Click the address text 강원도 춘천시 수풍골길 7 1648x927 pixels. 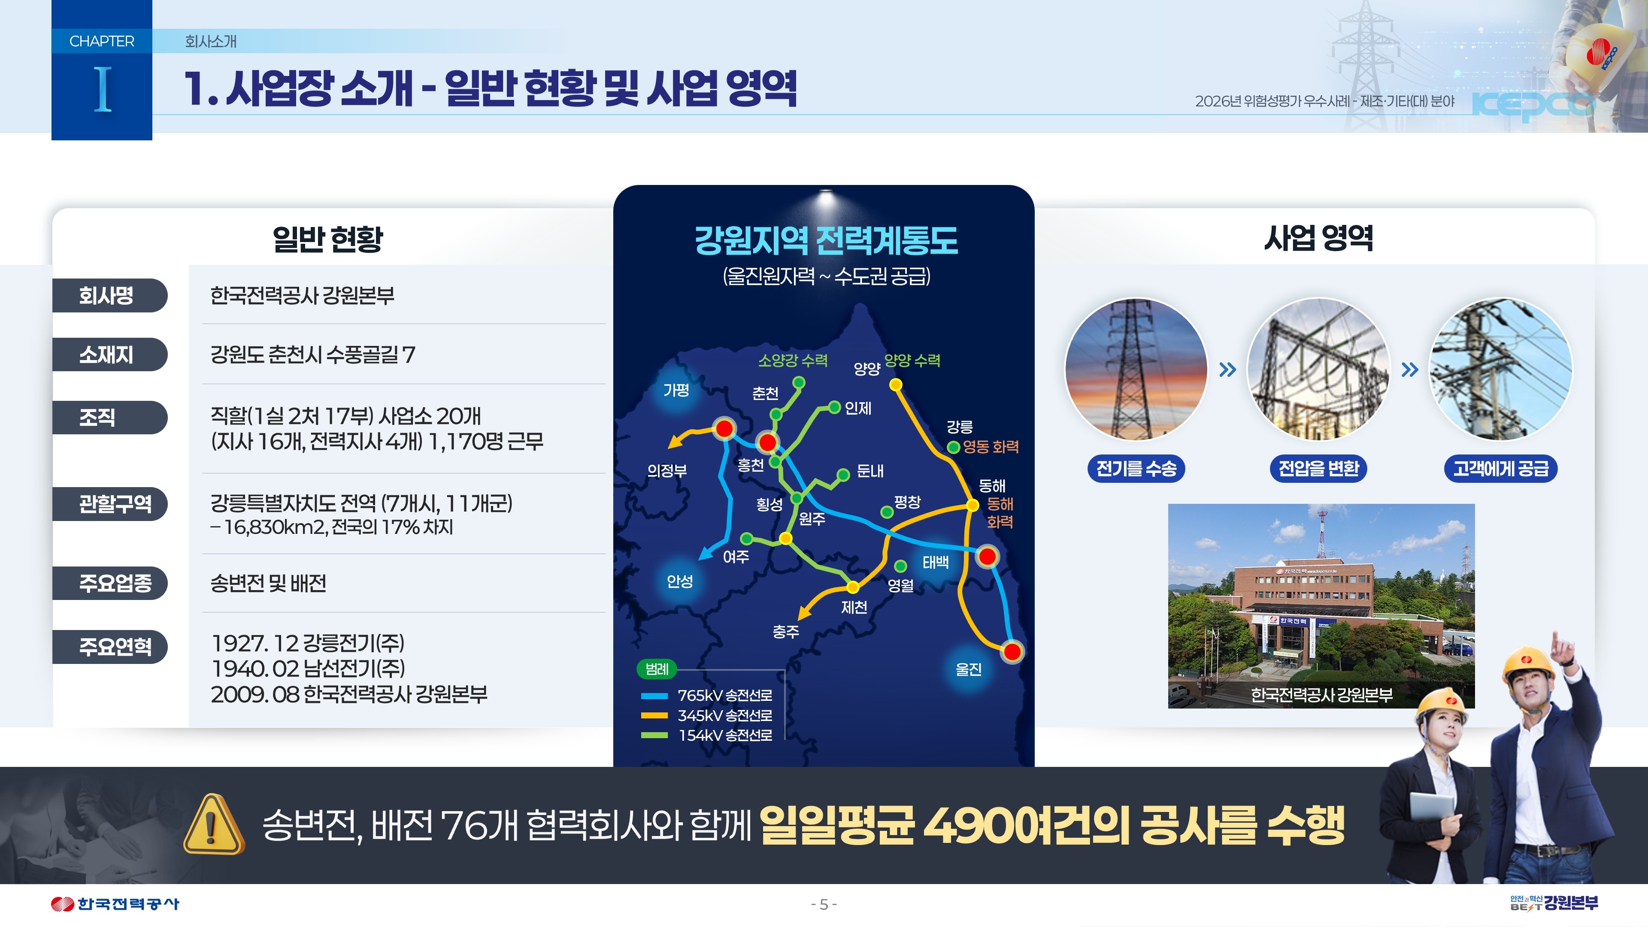tap(313, 354)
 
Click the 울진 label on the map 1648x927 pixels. tap(968, 669)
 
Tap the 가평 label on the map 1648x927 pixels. tap(676, 390)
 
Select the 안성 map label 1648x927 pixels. tap(679, 581)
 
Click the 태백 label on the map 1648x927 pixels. tap(935, 562)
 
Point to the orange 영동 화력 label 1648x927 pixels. tap(991, 446)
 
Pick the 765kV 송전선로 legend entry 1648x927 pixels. tap(707, 695)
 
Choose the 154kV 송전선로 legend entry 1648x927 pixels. tap(707, 735)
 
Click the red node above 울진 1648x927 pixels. tap(1012, 651)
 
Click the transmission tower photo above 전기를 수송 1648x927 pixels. tap(1136, 369)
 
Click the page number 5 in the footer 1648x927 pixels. tap(824, 904)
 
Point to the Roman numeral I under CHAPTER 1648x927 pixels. tap(103, 90)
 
